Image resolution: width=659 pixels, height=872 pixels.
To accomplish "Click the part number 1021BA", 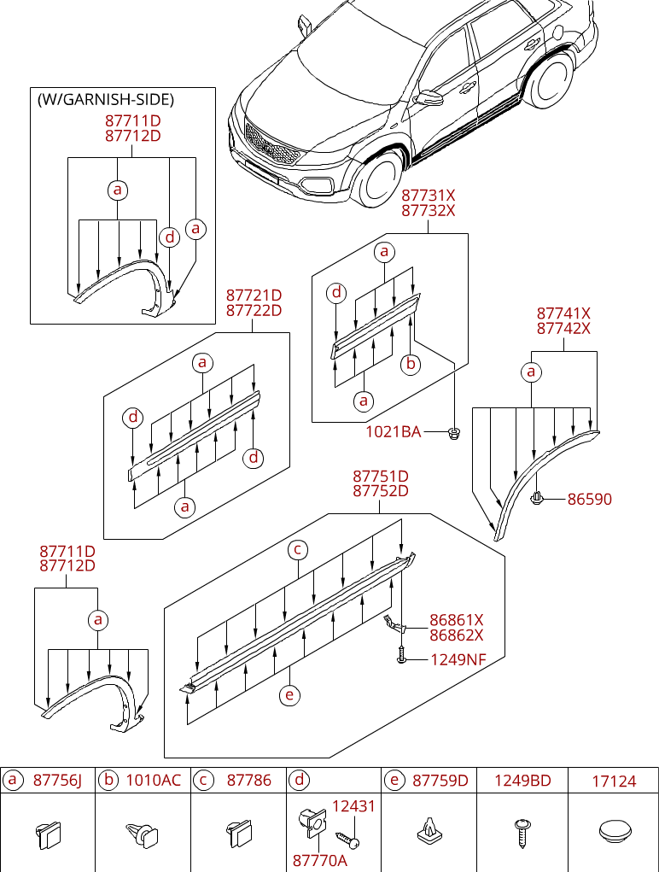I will (x=393, y=432).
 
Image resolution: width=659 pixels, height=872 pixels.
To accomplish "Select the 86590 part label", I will (x=589, y=499).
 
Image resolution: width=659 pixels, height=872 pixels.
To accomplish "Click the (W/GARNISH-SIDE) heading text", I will (x=105, y=99).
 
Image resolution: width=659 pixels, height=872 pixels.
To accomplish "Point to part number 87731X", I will (x=428, y=196).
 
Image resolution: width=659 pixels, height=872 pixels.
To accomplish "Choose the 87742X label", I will (x=563, y=329).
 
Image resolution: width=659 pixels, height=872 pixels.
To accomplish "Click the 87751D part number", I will (x=380, y=476).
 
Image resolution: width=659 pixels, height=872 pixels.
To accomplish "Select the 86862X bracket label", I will (x=456, y=635).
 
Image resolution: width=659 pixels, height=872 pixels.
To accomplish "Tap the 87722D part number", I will (x=254, y=311).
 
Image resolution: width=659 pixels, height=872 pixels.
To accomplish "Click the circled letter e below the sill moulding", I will (x=290, y=695).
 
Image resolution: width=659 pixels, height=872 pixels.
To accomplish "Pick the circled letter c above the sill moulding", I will (x=297, y=549).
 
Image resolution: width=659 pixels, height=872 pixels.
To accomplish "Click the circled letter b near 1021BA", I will (x=411, y=364).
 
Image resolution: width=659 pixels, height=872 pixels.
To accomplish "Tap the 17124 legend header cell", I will (x=615, y=781).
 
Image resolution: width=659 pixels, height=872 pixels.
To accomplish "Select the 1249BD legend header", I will (x=522, y=781).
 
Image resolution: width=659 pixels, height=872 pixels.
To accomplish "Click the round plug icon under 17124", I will (x=615, y=830).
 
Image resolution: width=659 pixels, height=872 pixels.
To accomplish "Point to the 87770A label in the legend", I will (x=319, y=860).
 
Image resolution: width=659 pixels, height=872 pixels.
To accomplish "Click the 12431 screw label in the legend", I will (x=353, y=805).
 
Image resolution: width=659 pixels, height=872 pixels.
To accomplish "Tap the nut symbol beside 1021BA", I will (x=454, y=434).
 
